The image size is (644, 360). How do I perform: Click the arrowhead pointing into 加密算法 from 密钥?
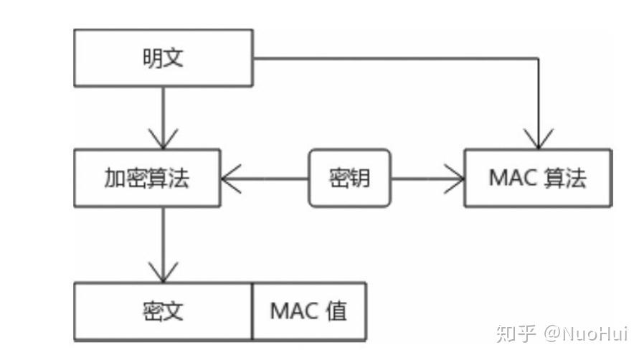tap(231, 179)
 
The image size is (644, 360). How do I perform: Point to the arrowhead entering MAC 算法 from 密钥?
tap(454, 179)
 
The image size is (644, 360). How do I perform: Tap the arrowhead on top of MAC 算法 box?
tap(538, 138)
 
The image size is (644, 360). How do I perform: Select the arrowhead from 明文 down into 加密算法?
tap(164, 138)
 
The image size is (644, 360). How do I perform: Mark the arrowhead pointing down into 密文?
tap(164, 273)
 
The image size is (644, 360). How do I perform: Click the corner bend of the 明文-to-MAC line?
tap(538, 58)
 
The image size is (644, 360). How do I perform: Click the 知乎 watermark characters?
tap(516, 333)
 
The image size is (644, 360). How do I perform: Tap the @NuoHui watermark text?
tap(586, 333)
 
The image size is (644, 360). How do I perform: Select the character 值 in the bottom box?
tap(336, 311)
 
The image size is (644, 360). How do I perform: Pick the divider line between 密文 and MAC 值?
tap(252, 311)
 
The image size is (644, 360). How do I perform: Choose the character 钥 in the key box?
tap(360, 178)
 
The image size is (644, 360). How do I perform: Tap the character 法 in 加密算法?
tap(179, 178)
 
